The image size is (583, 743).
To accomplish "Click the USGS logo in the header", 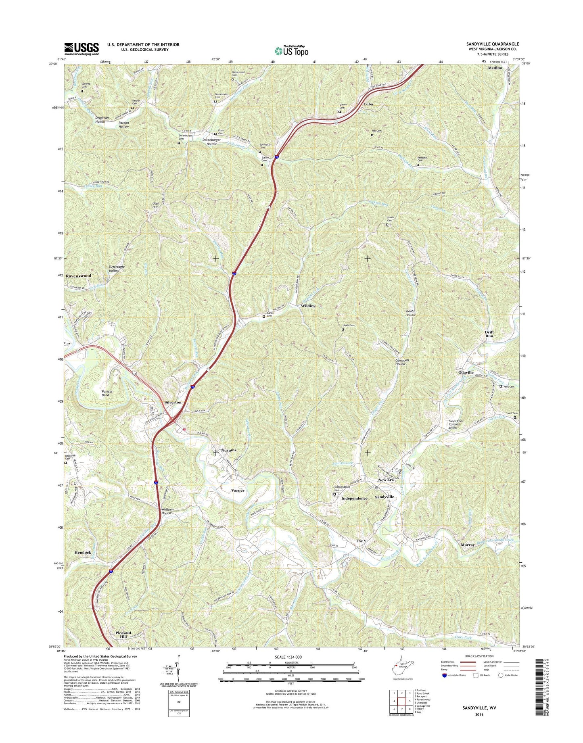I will coord(81,49).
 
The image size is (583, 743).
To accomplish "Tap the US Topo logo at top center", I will coord(291,50).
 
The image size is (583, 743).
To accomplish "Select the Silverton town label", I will coord(173,402).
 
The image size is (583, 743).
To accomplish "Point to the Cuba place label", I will coord(368,104).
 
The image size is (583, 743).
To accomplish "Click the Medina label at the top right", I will coord(495,68).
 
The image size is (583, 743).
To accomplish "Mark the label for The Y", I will coord(361,541).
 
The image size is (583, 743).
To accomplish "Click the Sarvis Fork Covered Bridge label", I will coord(456,424).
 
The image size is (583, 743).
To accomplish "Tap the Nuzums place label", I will coord(229,450).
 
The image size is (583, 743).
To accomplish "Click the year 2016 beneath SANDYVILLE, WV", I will coord(479,714).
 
